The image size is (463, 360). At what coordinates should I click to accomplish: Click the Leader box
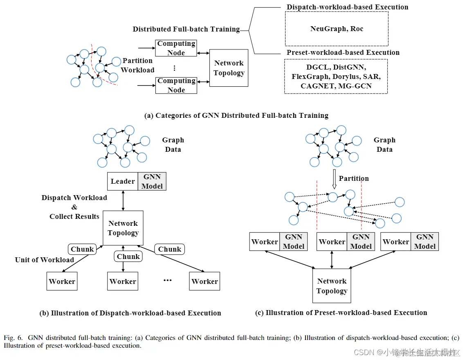123,181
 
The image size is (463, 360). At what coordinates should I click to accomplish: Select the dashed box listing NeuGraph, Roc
336,29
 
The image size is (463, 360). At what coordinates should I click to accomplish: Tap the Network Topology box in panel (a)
229,68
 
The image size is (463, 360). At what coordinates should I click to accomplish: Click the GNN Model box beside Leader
152,181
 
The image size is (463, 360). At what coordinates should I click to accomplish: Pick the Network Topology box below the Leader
123,228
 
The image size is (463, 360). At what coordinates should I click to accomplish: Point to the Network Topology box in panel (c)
332,286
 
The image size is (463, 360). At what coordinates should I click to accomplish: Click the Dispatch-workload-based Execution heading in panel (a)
347,7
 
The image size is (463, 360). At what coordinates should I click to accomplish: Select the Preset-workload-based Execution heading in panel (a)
343,52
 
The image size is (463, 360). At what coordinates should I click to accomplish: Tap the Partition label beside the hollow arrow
354,178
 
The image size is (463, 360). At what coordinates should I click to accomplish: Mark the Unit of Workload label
45,260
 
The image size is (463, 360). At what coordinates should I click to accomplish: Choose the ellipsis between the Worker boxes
167,280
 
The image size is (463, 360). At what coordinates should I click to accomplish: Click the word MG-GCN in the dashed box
357,86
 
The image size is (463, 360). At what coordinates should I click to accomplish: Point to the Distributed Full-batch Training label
186,29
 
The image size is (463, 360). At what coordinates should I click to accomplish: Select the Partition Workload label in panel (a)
138,65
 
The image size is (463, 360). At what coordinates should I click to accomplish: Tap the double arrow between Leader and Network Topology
123,200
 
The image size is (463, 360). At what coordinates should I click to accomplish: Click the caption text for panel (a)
236,115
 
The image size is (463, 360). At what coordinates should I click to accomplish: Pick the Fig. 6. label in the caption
13,338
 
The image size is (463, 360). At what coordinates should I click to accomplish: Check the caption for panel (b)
130,313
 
